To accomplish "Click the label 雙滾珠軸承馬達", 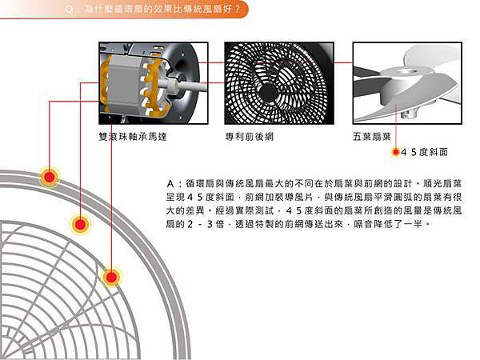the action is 133,137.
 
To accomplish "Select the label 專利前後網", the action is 249,137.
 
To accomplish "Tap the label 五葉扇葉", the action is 372,137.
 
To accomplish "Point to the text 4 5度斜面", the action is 424,152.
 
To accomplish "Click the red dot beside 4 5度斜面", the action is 396,152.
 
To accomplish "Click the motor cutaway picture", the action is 154,83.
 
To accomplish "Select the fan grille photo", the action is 279,83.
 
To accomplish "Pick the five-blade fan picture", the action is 407,83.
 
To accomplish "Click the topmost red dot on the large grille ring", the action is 50,177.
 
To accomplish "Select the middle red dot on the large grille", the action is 80,224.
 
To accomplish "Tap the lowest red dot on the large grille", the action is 111,277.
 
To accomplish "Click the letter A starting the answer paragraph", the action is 170,184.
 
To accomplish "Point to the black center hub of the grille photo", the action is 267,92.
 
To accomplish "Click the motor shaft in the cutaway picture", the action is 190,86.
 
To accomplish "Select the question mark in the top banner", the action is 238,9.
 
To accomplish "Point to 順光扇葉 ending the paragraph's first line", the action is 442,184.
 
